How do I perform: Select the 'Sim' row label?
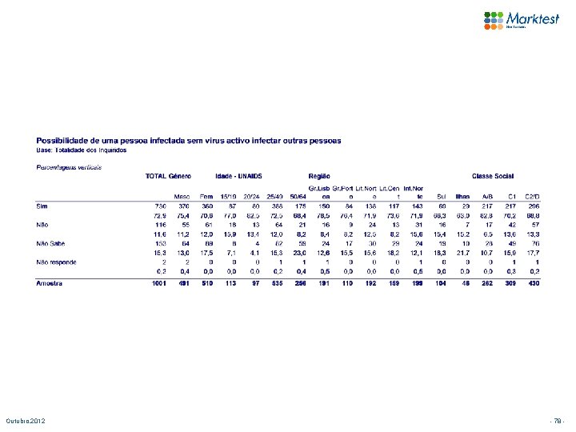[x=42, y=206]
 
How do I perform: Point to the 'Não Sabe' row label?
[x=50, y=242]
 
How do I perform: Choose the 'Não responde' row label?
[x=55, y=262]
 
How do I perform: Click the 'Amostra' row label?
[x=50, y=282]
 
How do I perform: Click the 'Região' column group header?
[x=320, y=175]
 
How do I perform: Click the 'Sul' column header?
[x=441, y=195]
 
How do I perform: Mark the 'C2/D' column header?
[x=531, y=195]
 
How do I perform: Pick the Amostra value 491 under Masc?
[x=182, y=282]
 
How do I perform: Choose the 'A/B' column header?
[x=486, y=195]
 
